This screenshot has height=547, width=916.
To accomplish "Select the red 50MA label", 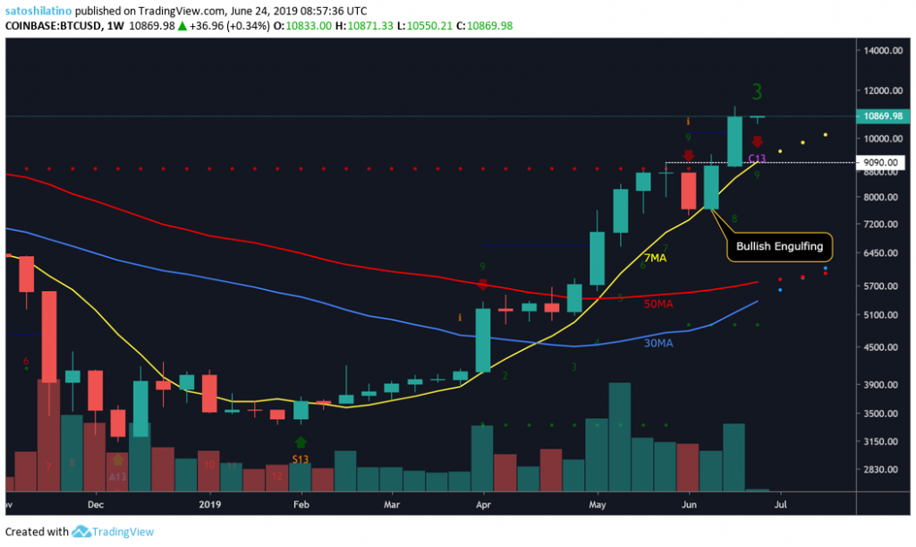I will [x=657, y=304].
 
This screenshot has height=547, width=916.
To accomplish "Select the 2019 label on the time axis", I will [x=209, y=504].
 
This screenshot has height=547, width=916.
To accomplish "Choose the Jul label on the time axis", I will [x=779, y=504].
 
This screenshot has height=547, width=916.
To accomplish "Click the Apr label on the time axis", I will [x=483, y=504].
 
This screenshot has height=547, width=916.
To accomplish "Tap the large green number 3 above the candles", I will [x=757, y=92].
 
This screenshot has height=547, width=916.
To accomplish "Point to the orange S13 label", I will [x=301, y=459].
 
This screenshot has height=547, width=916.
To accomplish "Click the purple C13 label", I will [x=758, y=158].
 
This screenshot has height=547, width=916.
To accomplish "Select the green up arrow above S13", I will [x=301, y=442].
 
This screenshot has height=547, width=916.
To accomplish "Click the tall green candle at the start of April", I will [x=483, y=340].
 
